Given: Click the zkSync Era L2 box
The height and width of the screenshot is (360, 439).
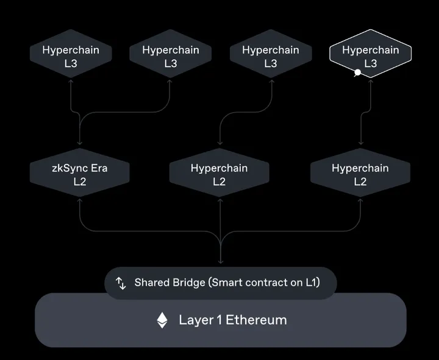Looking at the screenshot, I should pos(80,174).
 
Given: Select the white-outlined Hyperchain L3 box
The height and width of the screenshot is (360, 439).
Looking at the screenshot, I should pos(371,57).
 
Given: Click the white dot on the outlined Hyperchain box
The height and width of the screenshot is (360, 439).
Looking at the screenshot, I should pos(357,72).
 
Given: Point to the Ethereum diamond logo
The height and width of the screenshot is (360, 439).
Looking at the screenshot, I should pos(162,320).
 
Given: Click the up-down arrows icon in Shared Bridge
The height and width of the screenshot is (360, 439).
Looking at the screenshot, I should pos(121,283).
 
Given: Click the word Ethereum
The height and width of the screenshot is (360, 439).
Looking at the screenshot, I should pos(256,320).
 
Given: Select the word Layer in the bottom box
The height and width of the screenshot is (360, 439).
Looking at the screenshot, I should pos(196,320).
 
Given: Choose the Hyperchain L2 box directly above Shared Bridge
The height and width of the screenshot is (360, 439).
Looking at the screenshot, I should pos(220,174).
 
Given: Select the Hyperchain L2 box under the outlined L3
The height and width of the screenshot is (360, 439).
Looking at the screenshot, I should pos(360,174).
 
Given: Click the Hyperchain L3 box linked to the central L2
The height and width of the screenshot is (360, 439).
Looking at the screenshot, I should pos(271,57).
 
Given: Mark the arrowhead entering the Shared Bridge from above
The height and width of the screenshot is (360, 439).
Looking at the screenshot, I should pos(220,263).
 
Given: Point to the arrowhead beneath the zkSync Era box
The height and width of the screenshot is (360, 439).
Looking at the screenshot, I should pos(80,200).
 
